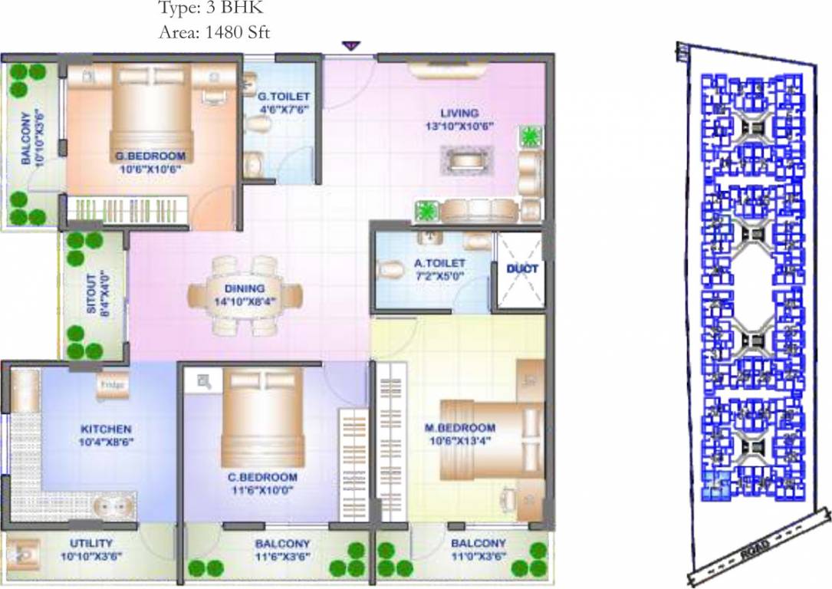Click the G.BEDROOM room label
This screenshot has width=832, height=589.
150,156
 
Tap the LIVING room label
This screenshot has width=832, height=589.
459,114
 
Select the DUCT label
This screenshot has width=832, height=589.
522,269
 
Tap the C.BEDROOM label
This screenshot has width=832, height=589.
262,477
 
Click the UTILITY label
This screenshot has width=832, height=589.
91,542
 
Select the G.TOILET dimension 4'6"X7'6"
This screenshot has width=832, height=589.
283,109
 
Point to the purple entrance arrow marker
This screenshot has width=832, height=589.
350,47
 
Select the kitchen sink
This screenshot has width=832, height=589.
111,506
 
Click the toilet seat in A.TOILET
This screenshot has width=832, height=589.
391,270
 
